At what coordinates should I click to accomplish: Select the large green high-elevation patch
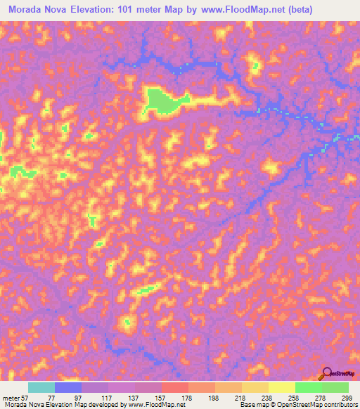tap(163, 100)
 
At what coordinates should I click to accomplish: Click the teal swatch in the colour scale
tap(41, 387)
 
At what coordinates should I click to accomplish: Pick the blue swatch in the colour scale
tap(68, 387)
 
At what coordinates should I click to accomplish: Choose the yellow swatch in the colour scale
tap(282, 387)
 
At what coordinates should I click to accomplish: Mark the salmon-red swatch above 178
tap(175, 387)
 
